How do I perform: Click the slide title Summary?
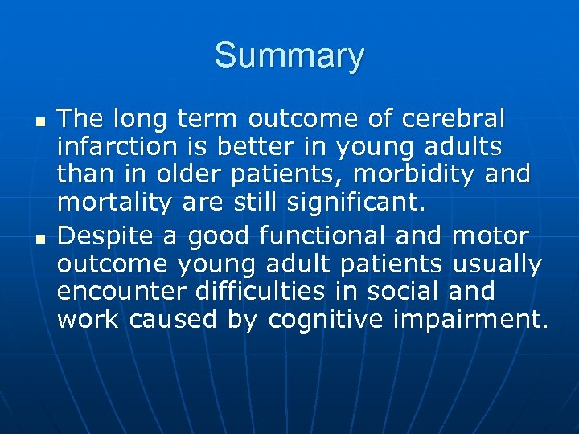(289, 56)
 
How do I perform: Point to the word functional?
(334, 236)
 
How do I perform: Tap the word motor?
(491, 236)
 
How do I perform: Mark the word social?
(392, 293)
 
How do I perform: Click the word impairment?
(471, 321)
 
